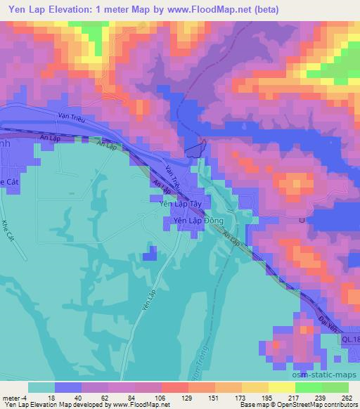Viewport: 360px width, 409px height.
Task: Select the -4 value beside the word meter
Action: click(25, 397)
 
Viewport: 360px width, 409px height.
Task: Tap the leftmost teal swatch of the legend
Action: click(41, 387)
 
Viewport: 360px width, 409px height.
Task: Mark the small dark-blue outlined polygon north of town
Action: click(196, 148)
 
